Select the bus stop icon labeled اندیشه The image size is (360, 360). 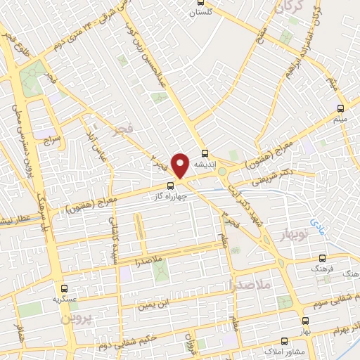(x=205, y=155)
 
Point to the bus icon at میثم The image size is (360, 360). (x=341, y=108)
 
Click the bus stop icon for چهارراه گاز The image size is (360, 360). (x=169, y=186)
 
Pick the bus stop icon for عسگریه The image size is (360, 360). (x=65, y=288)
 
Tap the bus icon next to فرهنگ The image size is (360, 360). (x=323, y=259)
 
